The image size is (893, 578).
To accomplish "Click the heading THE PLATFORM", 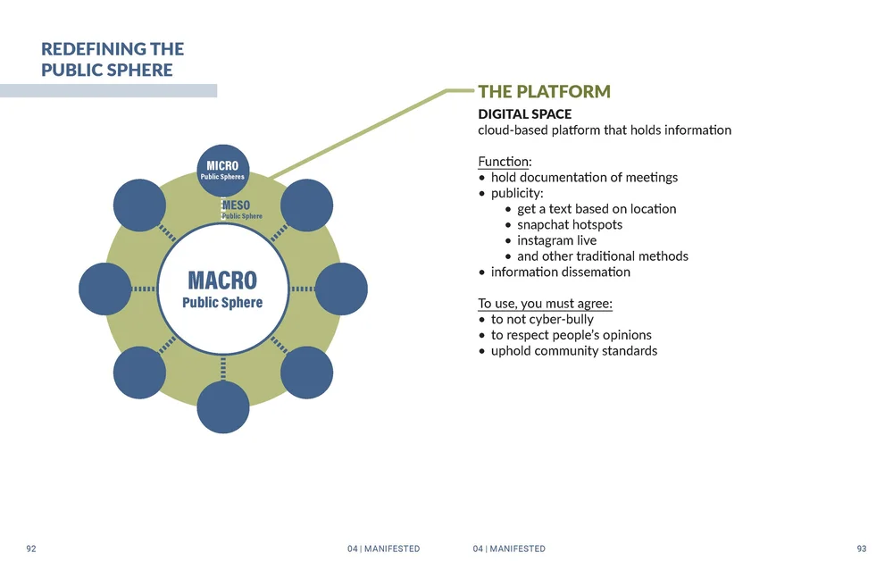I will click(544, 92).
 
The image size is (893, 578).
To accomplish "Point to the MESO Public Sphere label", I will click(241, 210).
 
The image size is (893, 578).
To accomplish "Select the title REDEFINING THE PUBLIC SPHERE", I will click(113, 59).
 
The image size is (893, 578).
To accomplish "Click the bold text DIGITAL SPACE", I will click(524, 114).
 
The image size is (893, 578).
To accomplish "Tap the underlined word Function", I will click(504, 162).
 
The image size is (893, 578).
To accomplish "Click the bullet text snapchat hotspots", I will click(569, 224).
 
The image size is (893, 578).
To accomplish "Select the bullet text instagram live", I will click(556, 240).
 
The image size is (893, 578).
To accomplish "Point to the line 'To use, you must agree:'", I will click(545, 304).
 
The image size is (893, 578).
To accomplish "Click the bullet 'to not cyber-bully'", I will click(542, 319).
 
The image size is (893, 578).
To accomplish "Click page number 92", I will click(31, 549).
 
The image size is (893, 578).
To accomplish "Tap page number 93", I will click(861, 549).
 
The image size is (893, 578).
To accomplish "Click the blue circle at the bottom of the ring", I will click(222, 407).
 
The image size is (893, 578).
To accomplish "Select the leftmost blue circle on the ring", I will click(104, 289).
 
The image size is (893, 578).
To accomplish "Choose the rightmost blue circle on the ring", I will click(341, 289).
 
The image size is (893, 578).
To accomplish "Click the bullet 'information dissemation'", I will click(560, 272).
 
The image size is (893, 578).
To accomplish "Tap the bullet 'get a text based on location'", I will click(597, 209).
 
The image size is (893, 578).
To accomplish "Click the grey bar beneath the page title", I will click(108, 90).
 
